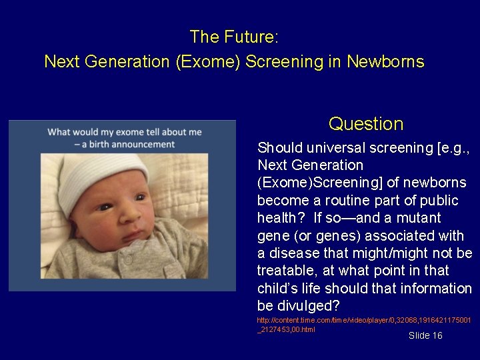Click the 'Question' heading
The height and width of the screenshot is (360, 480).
tap(366, 124)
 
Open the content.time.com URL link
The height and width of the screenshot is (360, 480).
tap(363, 325)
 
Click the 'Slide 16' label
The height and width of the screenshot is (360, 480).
tap(425, 335)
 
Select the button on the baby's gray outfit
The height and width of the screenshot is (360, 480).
tap(128, 257)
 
